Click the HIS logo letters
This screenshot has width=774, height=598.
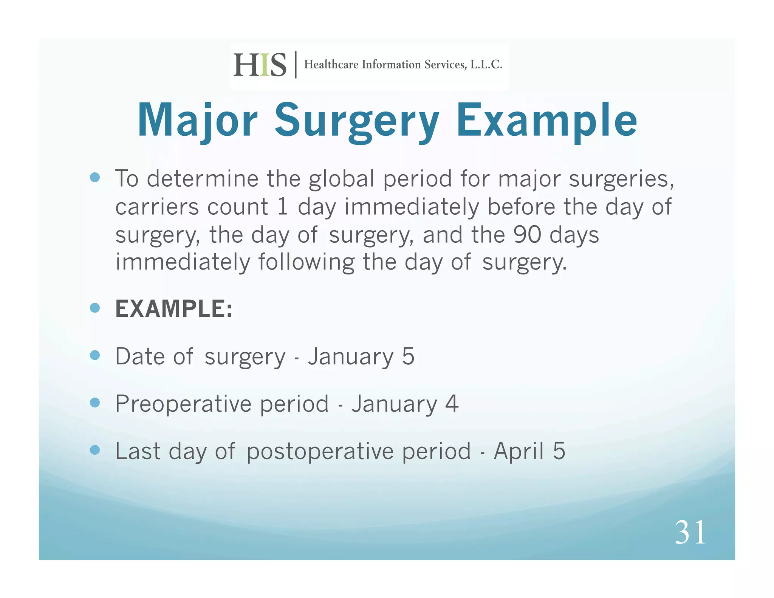[x=260, y=65]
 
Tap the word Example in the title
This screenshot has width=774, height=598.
[x=546, y=121]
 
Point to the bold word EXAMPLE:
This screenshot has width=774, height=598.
[x=174, y=309]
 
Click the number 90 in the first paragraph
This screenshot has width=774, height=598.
[x=527, y=235]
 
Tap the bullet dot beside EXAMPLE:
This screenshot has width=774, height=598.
[x=95, y=308]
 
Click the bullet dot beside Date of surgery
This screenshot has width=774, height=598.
[x=95, y=355]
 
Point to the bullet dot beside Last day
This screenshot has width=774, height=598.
[x=95, y=450]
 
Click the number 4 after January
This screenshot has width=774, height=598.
[x=452, y=404]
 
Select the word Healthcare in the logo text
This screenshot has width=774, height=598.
[x=331, y=65]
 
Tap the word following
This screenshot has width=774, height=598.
[x=306, y=262]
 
